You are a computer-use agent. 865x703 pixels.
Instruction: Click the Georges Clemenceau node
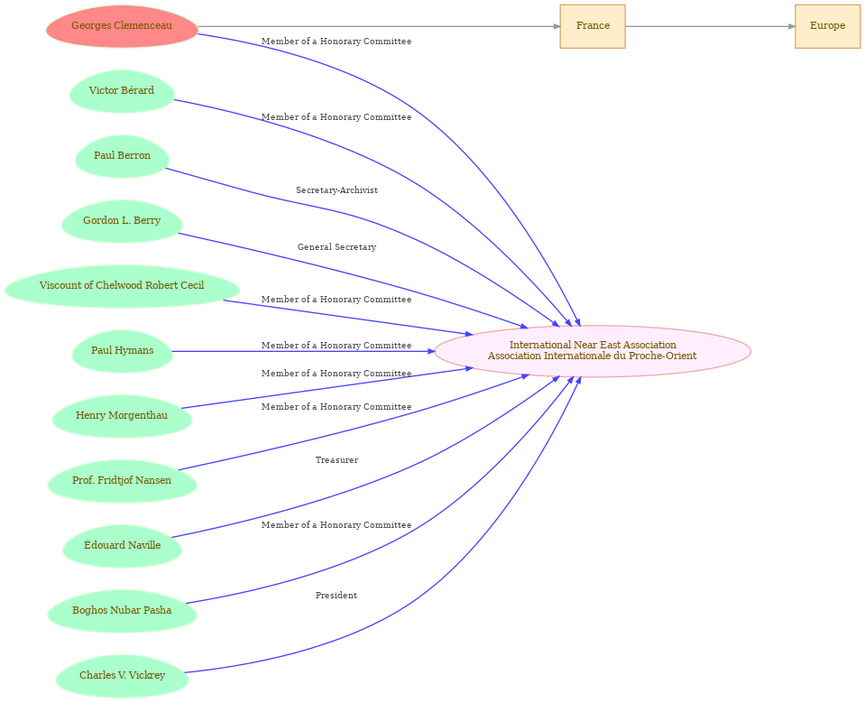[x=122, y=26]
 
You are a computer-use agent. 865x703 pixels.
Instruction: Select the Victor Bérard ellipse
[x=122, y=91]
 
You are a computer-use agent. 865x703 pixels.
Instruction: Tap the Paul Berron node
[x=122, y=156]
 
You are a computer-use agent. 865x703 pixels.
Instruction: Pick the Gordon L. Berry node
[x=122, y=221]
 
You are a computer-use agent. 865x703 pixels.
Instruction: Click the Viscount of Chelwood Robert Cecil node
[x=122, y=286]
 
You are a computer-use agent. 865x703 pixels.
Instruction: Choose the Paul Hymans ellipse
[x=122, y=351]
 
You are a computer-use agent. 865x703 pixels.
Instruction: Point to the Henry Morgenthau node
[x=122, y=416]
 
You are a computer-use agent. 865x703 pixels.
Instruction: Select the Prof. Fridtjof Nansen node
[x=122, y=481]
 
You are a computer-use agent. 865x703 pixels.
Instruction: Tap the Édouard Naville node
[x=122, y=546]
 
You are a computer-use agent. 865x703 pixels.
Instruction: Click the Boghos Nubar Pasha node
[x=122, y=611]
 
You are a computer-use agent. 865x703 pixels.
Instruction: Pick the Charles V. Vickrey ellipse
[x=122, y=676]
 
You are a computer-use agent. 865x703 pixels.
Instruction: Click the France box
[x=593, y=26]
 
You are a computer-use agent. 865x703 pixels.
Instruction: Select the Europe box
[x=827, y=26]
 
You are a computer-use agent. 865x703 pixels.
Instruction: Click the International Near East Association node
[x=593, y=351]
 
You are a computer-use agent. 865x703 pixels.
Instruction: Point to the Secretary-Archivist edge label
[x=336, y=190]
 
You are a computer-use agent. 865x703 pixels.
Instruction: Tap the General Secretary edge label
[x=336, y=247]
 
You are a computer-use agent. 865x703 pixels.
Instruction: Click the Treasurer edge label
[x=336, y=460]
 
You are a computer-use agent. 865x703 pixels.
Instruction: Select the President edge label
[x=336, y=596]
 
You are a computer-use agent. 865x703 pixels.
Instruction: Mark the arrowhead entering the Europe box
[x=792, y=26]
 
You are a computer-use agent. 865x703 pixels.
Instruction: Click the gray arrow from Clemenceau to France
[x=379, y=26]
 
